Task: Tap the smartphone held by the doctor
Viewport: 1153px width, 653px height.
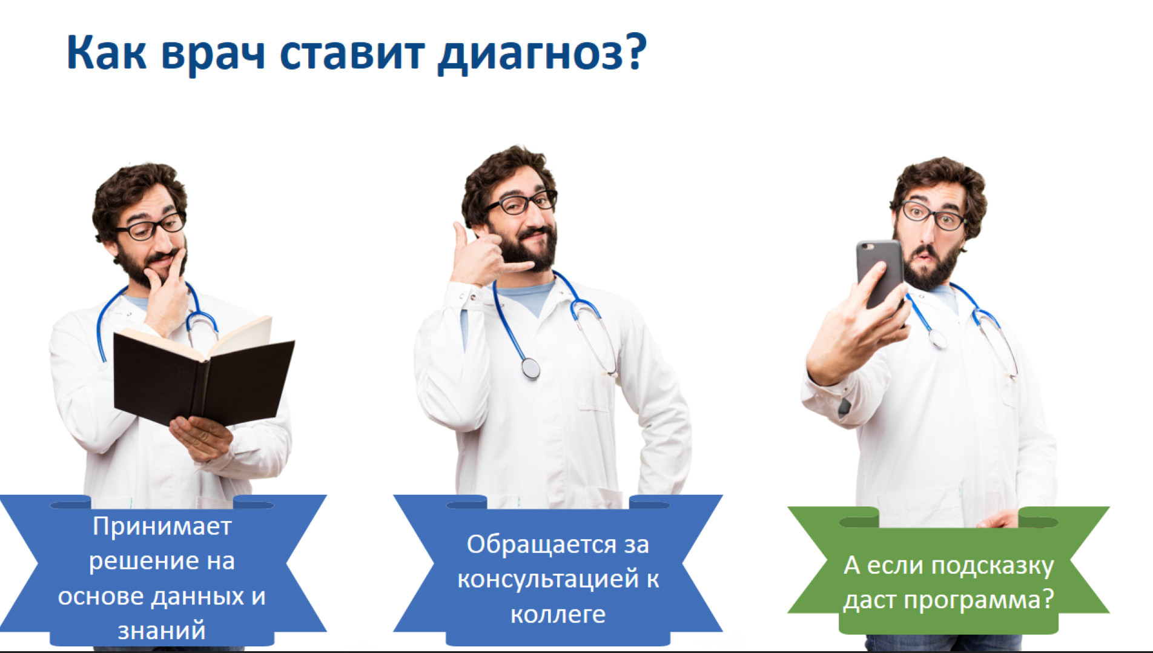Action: point(879,273)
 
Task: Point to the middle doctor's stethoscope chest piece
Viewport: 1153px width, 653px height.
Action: point(530,368)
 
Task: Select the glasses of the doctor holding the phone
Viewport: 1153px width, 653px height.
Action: point(932,216)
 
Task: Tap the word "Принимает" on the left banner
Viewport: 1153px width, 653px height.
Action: point(162,526)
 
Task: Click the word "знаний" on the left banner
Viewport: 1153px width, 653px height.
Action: point(162,631)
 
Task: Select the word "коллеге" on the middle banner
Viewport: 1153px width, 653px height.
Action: point(558,614)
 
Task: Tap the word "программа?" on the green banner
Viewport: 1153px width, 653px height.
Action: point(979,600)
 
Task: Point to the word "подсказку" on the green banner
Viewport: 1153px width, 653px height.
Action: point(992,565)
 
